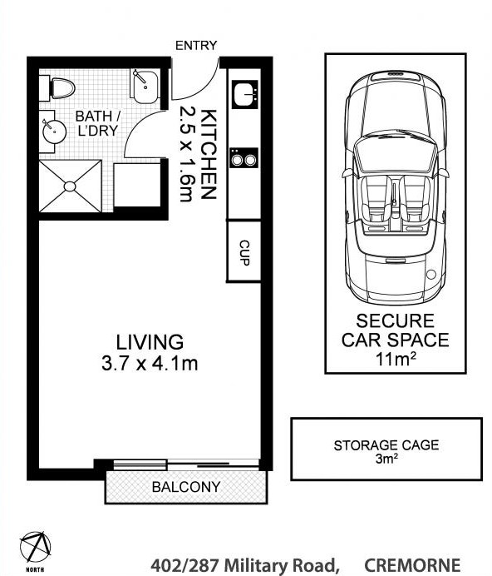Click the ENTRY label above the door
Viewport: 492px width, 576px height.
[x=196, y=46]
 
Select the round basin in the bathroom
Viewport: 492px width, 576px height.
[x=54, y=132]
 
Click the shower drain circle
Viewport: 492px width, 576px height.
[x=70, y=186]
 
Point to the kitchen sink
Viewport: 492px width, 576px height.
[x=245, y=94]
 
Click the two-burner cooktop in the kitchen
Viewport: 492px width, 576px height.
[x=244, y=158]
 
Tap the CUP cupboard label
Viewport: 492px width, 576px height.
[x=244, y=252]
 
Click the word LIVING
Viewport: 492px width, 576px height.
[x=150, y=342]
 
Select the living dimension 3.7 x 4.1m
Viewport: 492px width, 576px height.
[x=150, y=364]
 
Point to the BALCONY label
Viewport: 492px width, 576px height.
[x=186, y=487]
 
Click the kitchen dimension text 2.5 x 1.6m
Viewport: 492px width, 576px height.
[x=186, y=153]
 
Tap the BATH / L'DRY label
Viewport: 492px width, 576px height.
[x=97, y=123]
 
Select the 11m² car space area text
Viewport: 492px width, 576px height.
[x=395, y=359]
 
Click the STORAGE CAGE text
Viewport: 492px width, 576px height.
[x=386, y=445]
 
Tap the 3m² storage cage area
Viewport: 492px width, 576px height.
[x=386, y=459]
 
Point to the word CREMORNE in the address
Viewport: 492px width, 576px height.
[x=412, y=566]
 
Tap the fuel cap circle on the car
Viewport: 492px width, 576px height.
[x=431, y=275]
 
